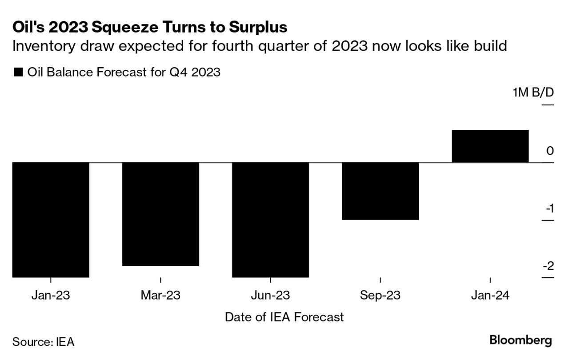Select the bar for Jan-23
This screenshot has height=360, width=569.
tap(51, 220)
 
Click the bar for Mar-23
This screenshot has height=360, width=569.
tap(160, 214)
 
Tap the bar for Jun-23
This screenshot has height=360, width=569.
tap(270, 220)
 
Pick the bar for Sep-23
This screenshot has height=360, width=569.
tap(380, 191)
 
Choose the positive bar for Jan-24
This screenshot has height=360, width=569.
tap(490, 146)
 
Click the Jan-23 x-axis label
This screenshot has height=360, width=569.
tap(51, 295)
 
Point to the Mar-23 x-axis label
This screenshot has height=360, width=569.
tap(160, 295)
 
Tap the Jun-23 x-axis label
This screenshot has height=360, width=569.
tap(270, 295)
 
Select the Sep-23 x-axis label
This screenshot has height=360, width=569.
tap(380, 295)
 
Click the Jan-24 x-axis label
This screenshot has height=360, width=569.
tap(490, 295)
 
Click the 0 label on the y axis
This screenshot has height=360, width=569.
tap(550, 151)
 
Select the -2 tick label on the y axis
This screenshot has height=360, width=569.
tap(548, 266)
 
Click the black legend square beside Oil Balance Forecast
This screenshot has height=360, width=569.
tap(18, 72)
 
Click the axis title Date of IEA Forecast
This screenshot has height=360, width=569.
tap(284, 317)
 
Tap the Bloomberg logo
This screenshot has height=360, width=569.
tap(521, 341)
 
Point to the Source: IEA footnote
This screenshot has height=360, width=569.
tap(43, 342)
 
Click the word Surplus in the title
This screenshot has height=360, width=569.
tap(258, 28)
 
